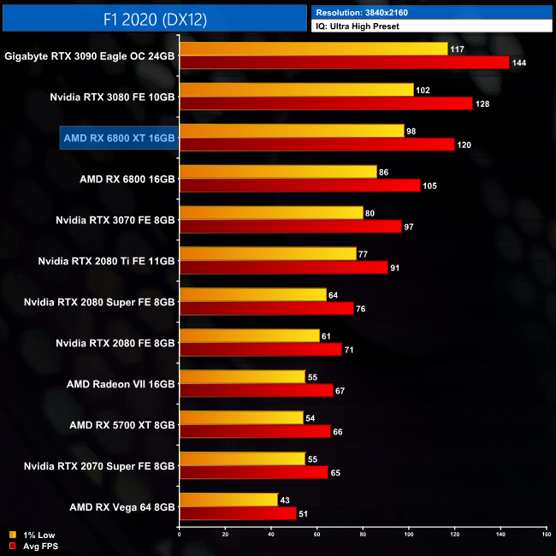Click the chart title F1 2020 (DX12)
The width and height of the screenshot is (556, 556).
pos(153,17)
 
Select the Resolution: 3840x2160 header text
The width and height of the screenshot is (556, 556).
pos(367,12)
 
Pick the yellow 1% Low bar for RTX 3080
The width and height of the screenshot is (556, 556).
pos(296,90)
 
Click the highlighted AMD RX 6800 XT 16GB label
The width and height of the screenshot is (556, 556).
pos(118,138)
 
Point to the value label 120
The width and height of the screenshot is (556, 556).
pos(464,145)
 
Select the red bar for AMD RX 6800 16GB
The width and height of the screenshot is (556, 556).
pos(299,186)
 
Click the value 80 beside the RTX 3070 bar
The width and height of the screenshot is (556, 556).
pos(370,213)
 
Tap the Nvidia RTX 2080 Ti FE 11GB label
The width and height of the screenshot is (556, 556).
pos(106,261)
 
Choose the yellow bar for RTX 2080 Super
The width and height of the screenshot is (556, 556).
pos(252,295)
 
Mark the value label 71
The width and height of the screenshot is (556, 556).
pos(349,350)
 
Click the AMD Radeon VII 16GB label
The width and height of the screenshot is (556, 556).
pos(121,383)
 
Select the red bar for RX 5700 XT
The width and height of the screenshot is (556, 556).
pos(255,432)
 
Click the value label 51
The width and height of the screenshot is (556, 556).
pos(304,513)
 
